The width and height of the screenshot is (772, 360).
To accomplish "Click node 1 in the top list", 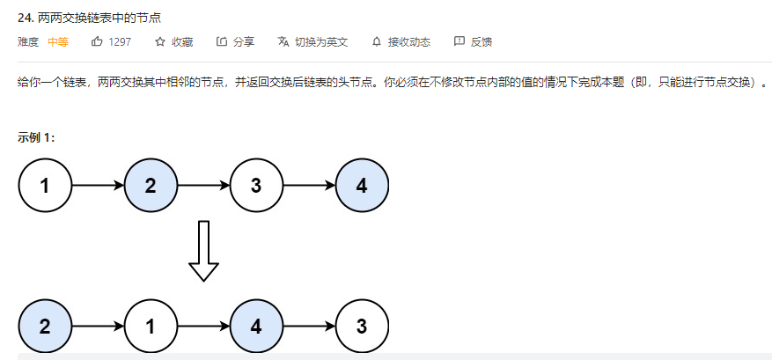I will click(x=45, y=186).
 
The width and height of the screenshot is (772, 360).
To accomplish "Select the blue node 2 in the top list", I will click(x=151, y=186).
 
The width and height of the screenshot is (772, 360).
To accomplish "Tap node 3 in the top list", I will click(x=256, y=186).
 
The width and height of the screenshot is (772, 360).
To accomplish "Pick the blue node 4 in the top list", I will click(x=362, y=186).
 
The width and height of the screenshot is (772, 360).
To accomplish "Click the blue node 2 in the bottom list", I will click(x=45, y=326).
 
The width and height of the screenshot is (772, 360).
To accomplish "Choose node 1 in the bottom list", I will click(x=151, y=326).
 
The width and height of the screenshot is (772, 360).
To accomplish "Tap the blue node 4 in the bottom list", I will click(x=256, y=326).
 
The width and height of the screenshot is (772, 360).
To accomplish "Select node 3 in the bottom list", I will click(x=362, y=326).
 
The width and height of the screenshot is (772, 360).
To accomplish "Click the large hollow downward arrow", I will click(x=203, y=251).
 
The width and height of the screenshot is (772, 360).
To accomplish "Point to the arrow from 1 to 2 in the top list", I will click(x=98, y=186).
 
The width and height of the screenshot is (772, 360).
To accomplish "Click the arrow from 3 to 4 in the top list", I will click(x=309, y=186).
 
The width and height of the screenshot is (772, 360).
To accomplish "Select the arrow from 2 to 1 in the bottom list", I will click(x=98, y=326).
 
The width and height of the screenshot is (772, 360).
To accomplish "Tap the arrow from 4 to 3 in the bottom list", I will click(x=309, y=326).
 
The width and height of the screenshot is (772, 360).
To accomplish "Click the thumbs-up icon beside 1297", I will click(x=97, y=41).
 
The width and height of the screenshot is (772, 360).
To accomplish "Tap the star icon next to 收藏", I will click(x=160, y=41).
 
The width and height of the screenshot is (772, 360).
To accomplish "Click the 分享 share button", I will click(x=236, y=41).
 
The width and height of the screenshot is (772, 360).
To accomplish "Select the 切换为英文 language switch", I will click(x=313, y=41).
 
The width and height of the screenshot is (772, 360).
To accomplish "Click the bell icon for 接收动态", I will click(x=378, y=41).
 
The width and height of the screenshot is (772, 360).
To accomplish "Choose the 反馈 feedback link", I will click(x=473, y=41).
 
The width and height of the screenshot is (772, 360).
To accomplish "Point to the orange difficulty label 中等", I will click(x=58, y=41).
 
